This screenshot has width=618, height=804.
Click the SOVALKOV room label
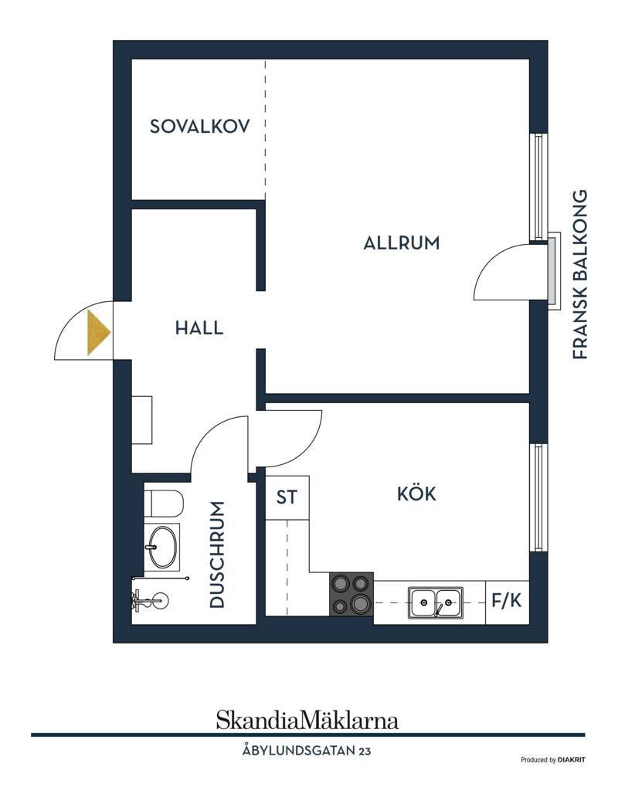pyautogui.click(x=199, y=126)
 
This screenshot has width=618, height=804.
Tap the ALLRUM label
pyautogui.click(x=402, y=243)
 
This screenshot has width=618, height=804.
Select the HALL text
pyautogui.click(x=199, y=327)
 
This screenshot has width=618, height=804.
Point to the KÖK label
pyautogui.click(x=416, y=494)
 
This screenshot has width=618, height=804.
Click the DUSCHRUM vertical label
pyautogui.click(x=217, y=555)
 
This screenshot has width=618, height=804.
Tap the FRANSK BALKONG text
pyautogui.click(x=579, y=274)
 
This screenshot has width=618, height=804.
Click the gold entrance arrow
pyautogui.click(x=98, y=332)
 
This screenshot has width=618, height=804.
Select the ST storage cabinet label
pyautogui.click(x=287, y=497)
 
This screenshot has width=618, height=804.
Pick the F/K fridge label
pyautogui.click(x=507, y=600)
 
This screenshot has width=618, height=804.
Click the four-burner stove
pyautogui.click(x=351, y=594)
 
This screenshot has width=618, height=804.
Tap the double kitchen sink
pyautogui.click(x=436, y=602)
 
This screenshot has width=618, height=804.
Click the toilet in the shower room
pyautogui.click(x=164, y=503)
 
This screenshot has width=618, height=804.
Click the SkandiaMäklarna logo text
pyautogui.click(x=307, y=720)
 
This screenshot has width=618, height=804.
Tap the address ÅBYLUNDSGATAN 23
pyautogui.click(x=307, y=751)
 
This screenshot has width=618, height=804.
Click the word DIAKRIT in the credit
pyautogui.click(x=572, y=760)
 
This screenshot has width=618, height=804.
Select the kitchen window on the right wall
pyautogui.click(x=538, y=497)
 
